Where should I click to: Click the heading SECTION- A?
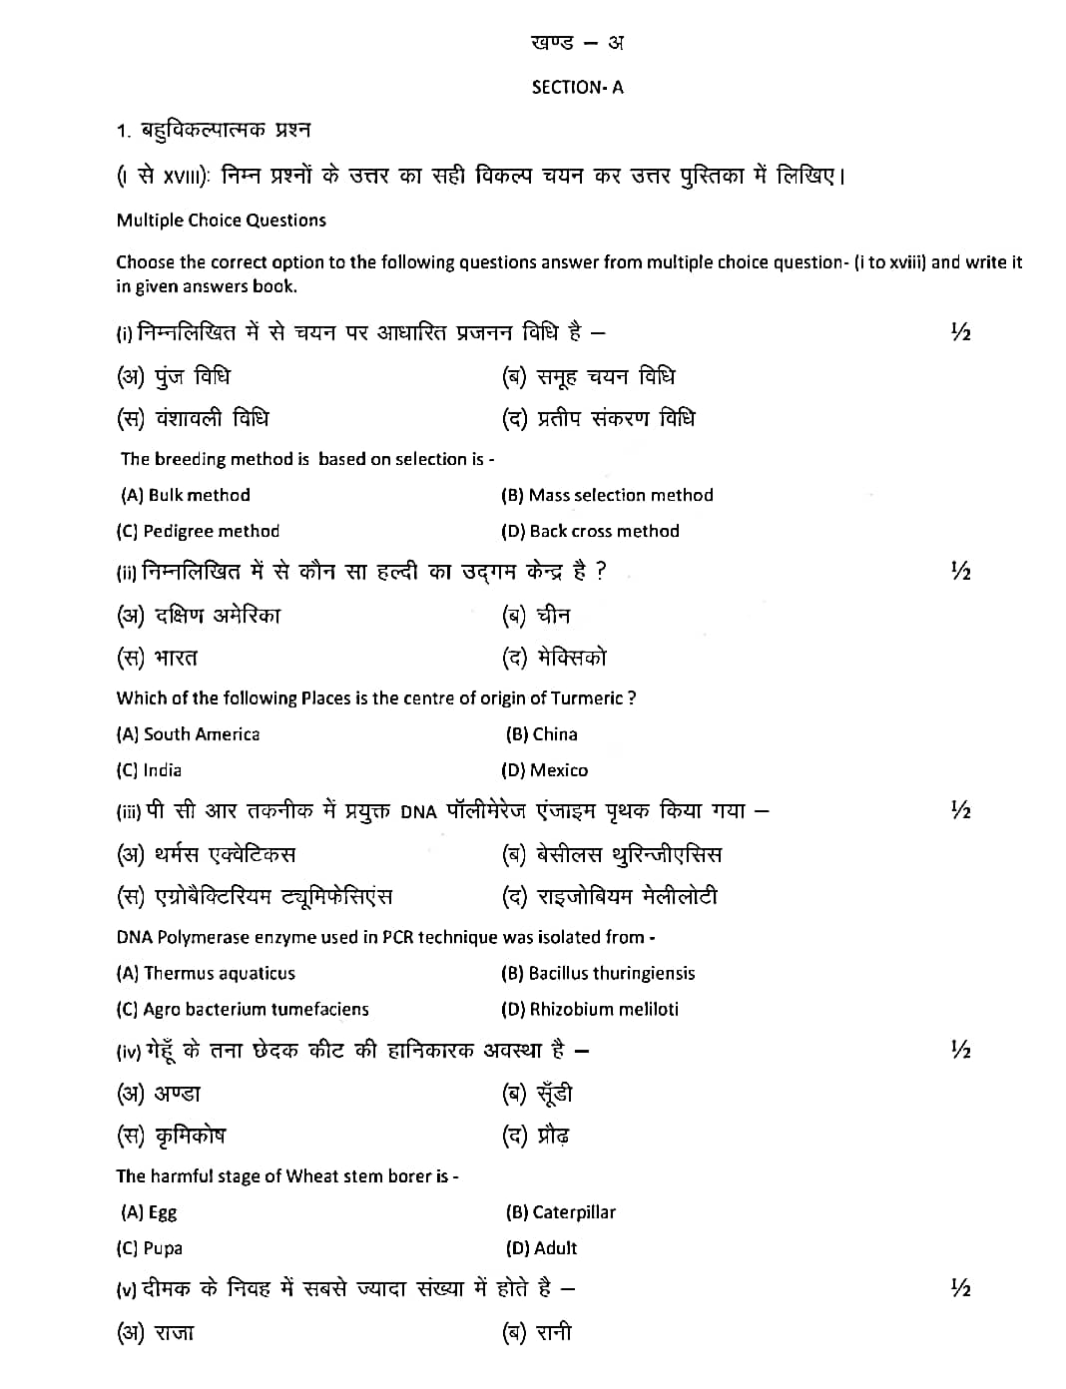pyautogui.click(x=577, y=88)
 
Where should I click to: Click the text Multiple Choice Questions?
pyautogui.click(x=221, y=221)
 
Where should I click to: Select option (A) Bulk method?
pyautogui.click(x=186, y=495)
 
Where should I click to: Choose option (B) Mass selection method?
pyautogui.click(x=607, y=495)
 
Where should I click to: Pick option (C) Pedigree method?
pyautogui.click(x=198, y=531)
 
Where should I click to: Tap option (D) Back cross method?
pyautogui.click(x=590, y=531)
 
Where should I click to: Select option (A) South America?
pyautogui.click(x=188, y=734)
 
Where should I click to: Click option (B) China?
pyautogui.click(x=542, y=734)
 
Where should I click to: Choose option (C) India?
pyautogui.click(x=149, y=770)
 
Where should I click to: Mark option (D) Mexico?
pyautogui.click(x=545, y=770)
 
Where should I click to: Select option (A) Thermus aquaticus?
pyautogui.click(x=206, y=973)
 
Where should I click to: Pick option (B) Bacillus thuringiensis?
pyautogui.click(x=598, y=973)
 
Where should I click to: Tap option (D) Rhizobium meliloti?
pyautogui.click(x=590, y=1009)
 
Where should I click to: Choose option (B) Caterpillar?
pyautogui.click(x=561, y=1212)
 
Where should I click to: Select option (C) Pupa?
pyautogui.click(x=150, y=1248)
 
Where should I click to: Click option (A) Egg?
pyautogui.click(x=149, y=1212)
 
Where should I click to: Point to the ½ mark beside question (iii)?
pyautogui.click(x=960, y=810)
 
